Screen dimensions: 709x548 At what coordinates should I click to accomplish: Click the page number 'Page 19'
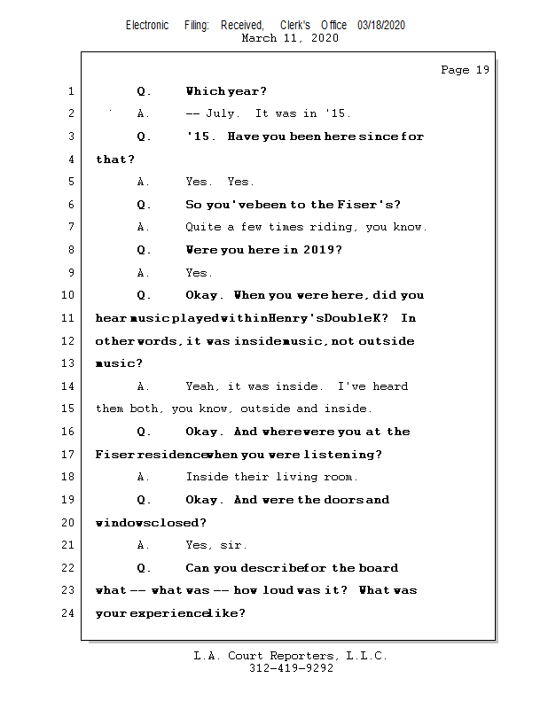pyautogui.click(x=465, y=70)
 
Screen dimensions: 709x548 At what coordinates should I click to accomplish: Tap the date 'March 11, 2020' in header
pyautogui.click(x=289, y=38)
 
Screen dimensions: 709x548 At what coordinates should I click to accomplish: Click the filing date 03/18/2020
pyautogui.click(x=381, y=26)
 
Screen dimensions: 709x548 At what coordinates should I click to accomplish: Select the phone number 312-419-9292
pyautogui.click(x=291, y=668)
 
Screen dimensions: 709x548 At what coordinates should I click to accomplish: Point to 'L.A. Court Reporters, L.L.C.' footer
pyautogui.click(x=290, y=656)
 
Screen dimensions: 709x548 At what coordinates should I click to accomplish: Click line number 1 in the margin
pyautogui.click(x=71, y=91)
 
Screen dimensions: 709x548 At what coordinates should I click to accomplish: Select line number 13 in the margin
pyautogui.click(x=68, y=363)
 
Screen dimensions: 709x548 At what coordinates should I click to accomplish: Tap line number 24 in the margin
pyautogui.click(x=68, y=613)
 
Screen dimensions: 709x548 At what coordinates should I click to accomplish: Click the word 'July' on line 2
pyautogui.click(x=222, y=113)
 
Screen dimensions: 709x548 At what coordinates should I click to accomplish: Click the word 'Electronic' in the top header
pyautogui.click(x=147, y=26)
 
